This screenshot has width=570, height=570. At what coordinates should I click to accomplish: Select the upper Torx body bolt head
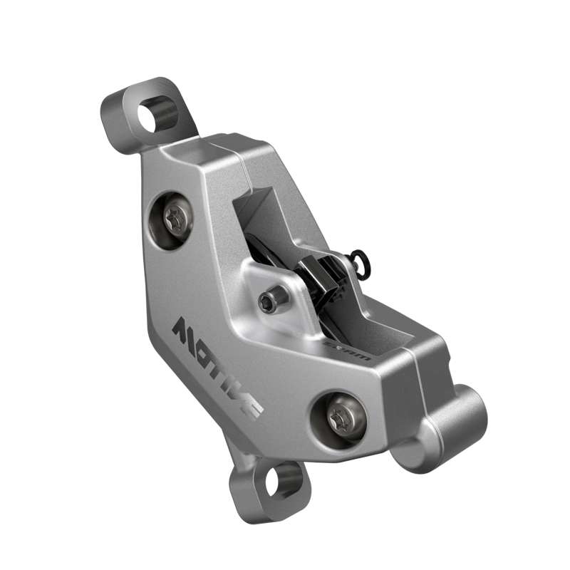click(174, 219)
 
